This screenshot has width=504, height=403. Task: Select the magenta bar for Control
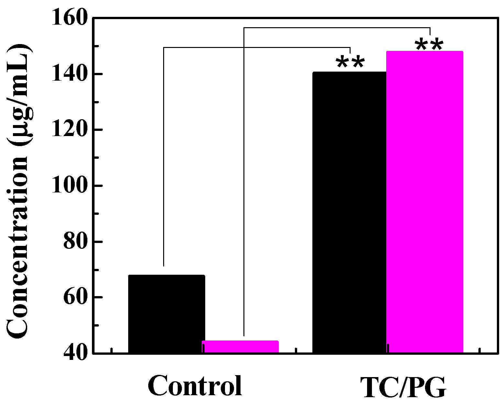click(x=240, y=347)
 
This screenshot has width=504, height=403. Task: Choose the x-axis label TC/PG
click(x=403, y=387)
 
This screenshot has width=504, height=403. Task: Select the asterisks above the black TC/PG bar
click(x=350, y=62)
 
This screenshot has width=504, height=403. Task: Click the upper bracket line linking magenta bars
click(x=337, y=28)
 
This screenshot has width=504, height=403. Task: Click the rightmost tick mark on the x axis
click(x=479, y=351)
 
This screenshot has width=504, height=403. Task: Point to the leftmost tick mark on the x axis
click(x=111, y=351)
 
